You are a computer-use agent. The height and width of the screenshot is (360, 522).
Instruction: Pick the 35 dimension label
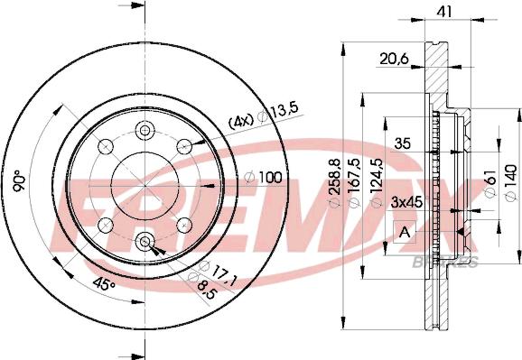click(402, 142)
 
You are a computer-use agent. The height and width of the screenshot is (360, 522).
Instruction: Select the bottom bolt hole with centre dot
click(145, 241)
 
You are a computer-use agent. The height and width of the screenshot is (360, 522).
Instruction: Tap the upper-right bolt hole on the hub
click(184, 145)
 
